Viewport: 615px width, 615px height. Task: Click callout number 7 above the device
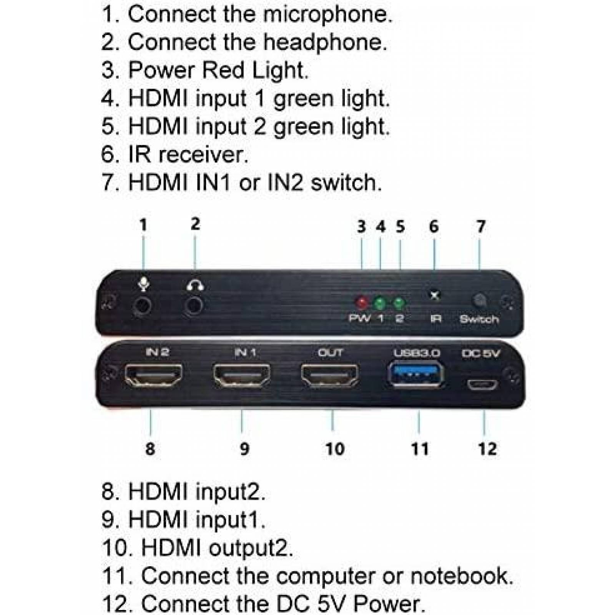(x=480, y=226)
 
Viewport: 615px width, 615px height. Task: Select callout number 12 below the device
(x=487, y=449)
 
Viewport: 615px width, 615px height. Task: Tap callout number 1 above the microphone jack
(x=143, y=225)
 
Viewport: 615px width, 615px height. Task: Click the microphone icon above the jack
(x=143, y=284)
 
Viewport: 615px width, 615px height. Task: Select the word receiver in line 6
(x=204, y=155)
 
